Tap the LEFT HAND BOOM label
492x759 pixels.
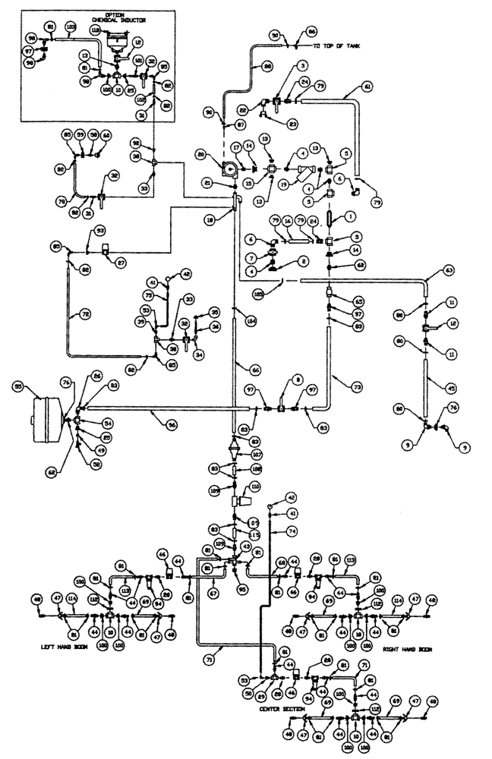click(x=67, y=647)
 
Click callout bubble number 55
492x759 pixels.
click(x=17, y=386)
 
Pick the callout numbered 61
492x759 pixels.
click(x=367, y=87)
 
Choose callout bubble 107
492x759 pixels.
click(x=256, y=455)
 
